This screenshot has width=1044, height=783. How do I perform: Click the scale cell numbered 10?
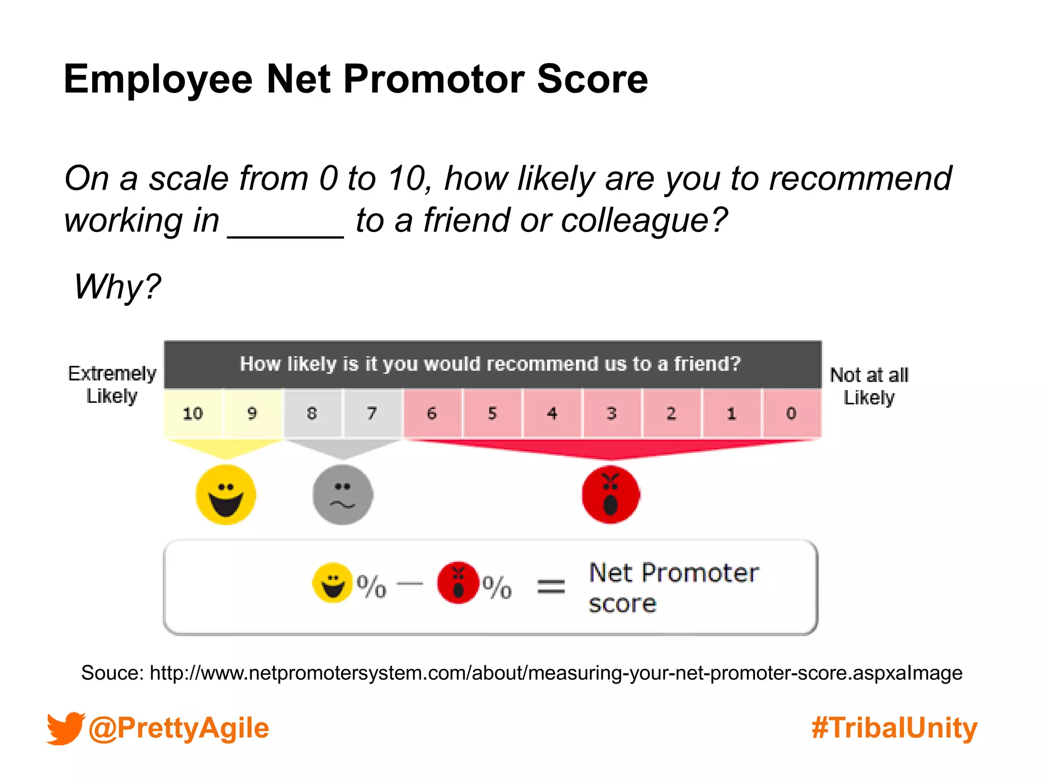tap(193, 413)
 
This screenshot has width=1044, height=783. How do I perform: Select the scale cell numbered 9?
tap(252, 413)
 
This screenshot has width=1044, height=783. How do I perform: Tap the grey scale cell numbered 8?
tap(312, 413)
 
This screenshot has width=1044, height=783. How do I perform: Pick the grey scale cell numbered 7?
tap(372, 413)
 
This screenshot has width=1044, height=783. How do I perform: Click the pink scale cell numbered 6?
tap(432, 413)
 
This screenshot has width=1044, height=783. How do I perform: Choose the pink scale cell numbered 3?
tap(612, 413)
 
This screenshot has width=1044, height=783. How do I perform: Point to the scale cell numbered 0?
tap(791, 413)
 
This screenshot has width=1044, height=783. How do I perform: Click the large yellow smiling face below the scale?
tap(226, 494)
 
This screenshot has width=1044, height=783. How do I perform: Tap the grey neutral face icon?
tap(343, 494)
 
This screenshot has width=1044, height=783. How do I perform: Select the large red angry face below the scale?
tap(611, 494)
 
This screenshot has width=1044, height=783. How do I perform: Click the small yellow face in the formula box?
tap(332, 583)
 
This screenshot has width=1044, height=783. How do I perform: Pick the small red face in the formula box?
tap(458, 583)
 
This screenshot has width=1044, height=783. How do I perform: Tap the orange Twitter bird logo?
tap(65, 728)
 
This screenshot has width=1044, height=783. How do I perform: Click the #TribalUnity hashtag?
tap(895, 728)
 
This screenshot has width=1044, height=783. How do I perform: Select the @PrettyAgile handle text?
tap(178, 728)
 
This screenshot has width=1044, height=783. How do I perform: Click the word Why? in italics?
tap(117, 286)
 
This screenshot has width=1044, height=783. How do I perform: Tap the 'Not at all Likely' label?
tap(869, 386)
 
